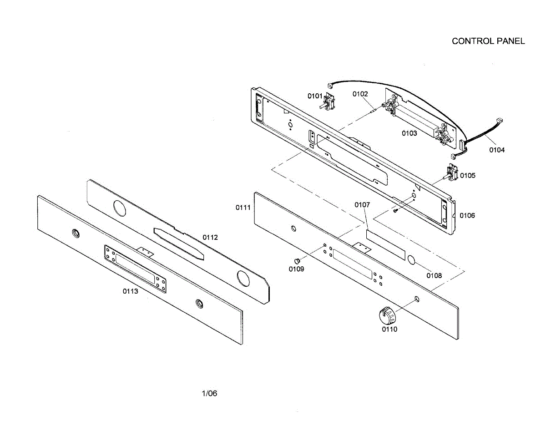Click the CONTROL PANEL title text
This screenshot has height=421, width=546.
pyautogui.click(x=488, y=41)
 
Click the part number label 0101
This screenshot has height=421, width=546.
pyautogui.click(x=315, y=96)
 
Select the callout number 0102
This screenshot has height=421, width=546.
pyautogui.click(x=360, y=94)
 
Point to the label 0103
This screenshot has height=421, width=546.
pyautogui.click(x=409, y=133)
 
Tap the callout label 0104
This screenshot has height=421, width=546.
pyautogui.click(x=497, y=150)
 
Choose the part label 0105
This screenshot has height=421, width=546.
pyautogui.click(x=468, y=175)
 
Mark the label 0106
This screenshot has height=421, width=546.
pyautogui.click(x=467, y=215)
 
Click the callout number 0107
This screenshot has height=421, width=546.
pyautogui.click(x=362, y=205)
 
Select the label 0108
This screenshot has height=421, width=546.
pyautogui.click(x=434, y=275)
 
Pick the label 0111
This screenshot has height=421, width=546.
pyautogui.click(x=243, y=208)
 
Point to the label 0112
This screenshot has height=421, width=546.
pyautogui.click(x=210, y=237)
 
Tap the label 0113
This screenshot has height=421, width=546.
pyautogui.click(x=130, y=292)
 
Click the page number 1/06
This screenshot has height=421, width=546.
pyautogui.click(x=209, y=394)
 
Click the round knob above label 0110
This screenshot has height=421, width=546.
pyautogui.click(x=387, y=314)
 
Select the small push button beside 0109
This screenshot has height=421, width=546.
pyautogui.click(x=298, y=261)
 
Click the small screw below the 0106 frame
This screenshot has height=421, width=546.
pyautogui.click(x=396, y=210)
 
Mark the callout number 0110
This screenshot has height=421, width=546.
pyautogui.click(x=389, y=329)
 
